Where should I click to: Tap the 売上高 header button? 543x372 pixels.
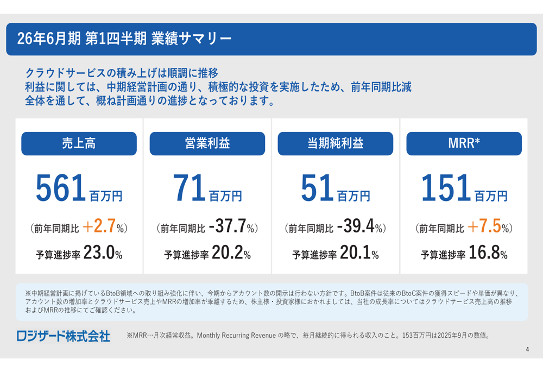79,143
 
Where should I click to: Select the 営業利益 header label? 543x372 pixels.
207,143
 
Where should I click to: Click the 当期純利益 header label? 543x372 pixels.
336,143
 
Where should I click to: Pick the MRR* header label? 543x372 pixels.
464,143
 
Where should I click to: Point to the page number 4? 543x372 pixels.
527,349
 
